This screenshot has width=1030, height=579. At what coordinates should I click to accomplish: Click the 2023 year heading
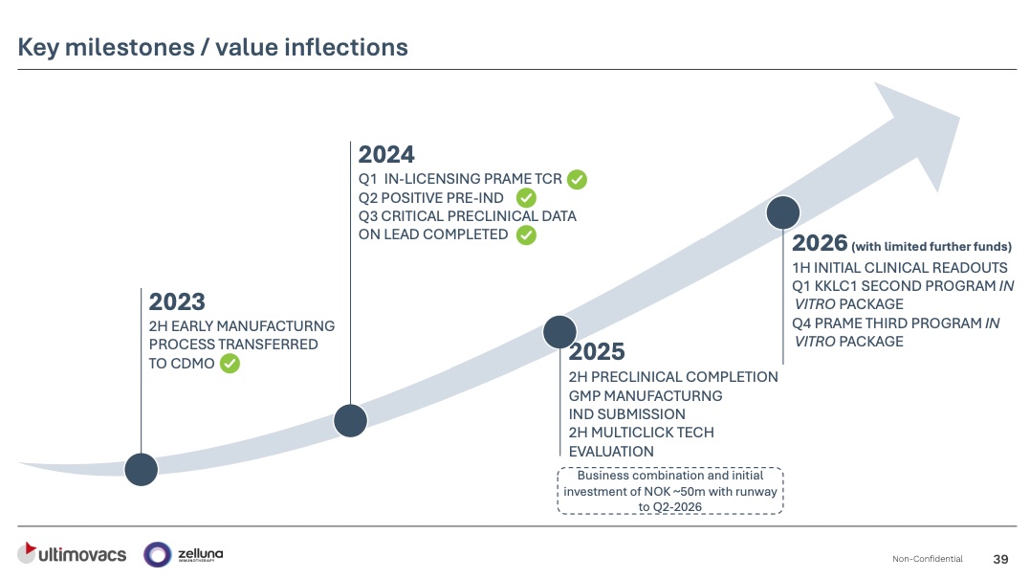click(177, 302)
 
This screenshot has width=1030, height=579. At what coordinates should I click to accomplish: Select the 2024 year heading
click(386, 155)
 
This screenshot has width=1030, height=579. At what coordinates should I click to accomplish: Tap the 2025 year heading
click(597, 352)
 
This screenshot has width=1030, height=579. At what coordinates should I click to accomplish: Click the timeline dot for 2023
click(142, 468)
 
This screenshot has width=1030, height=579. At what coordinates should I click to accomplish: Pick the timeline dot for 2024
click(351, 420)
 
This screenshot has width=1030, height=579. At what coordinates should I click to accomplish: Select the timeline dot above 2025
click(560, 331)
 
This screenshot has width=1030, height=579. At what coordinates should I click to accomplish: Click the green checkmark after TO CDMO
click(230, 363)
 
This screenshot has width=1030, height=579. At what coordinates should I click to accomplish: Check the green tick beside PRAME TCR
click(577, 179)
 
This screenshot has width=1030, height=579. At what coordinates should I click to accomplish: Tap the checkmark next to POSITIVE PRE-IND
click(526, 198)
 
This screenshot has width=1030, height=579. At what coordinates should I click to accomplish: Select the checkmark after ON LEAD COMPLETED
click(526, 234)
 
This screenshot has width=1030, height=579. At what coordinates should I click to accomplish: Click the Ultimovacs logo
click(72, 553)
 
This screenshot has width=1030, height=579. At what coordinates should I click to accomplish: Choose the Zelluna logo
click(184, 553)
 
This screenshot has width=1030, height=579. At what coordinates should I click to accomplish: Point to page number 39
click(1001, 559)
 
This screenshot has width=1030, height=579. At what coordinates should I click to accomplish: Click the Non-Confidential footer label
click(927, 559)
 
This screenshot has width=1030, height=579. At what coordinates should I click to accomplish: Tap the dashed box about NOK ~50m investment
click(670, 491)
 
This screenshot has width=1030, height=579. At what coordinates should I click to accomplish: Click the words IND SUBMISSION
click(626, 414)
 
